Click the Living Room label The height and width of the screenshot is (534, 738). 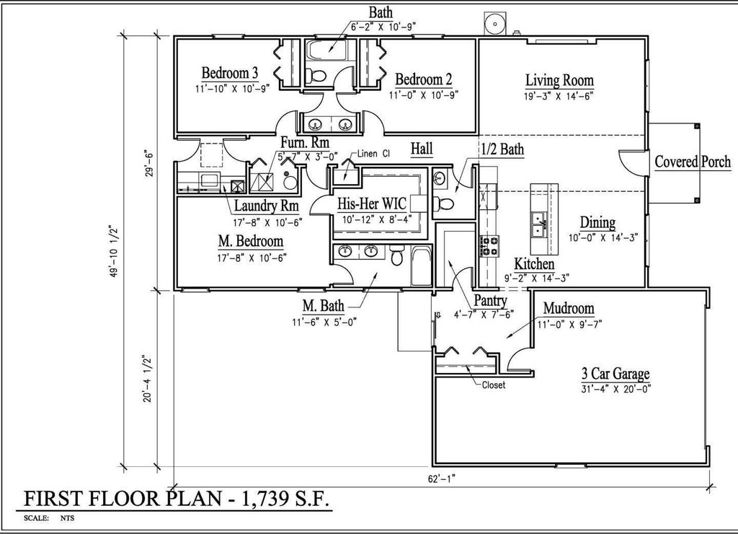[559, 80]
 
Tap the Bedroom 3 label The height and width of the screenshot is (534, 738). [230, 73]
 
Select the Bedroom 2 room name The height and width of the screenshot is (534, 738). [424, 79]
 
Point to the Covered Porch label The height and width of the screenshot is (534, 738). [693, 162]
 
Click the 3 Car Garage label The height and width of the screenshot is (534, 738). [615, 374]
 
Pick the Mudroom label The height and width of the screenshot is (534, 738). [569, 308]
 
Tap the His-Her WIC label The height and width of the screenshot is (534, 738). [371, 203]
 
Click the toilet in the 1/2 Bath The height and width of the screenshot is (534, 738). [442, 203]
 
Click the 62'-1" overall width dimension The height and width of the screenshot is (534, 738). [442, 479]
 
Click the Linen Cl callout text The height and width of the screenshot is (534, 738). [373, 154]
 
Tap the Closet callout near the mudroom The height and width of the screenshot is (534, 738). [494, 385]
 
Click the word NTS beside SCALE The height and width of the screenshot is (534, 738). [67, 518]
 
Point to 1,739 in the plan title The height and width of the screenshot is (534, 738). [264, 499]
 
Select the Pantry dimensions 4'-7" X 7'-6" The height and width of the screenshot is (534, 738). [484, 314]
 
